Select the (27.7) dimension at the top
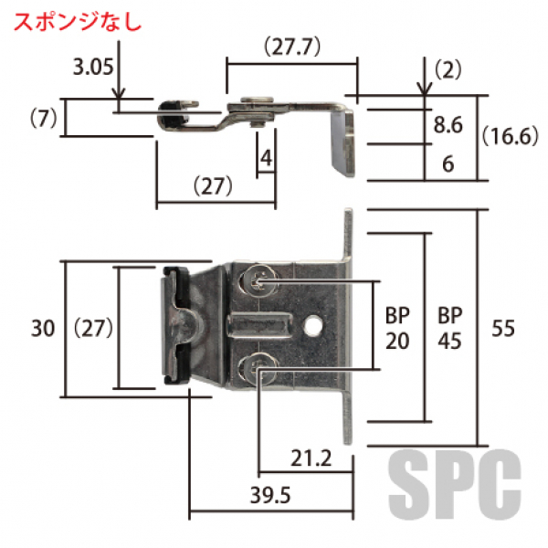tap(290, 47)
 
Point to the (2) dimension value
tap(448, 68)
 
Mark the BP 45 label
tap(448, 327)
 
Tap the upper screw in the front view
tap(258, 282)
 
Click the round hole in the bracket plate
tap(314, 324)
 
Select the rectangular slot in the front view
tap(261, 324)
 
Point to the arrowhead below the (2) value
tap(425, 88)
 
